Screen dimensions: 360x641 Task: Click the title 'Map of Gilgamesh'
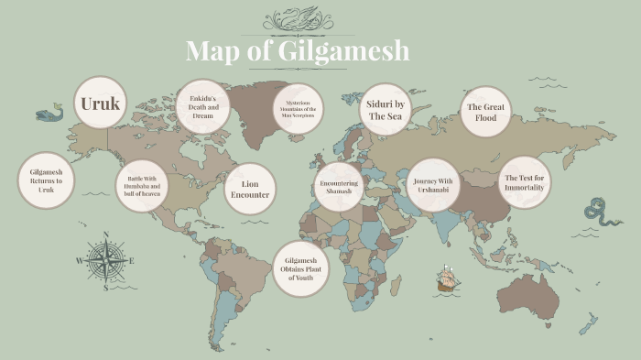click(298, 50)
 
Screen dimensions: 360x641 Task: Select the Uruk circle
click(100, 103)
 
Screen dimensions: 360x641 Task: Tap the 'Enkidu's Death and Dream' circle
click(201, 106)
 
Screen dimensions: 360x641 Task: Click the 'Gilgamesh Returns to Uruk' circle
click(46, 180)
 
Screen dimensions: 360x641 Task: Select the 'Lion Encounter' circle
click(250, 189)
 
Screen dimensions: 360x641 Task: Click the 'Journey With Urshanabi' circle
click(432, 186)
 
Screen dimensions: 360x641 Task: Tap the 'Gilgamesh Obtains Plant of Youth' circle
click(299, 268)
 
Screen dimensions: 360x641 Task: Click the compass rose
click(106, 262)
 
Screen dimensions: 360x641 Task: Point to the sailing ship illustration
click(447, 279)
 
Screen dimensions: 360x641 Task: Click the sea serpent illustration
click(603, 213)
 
